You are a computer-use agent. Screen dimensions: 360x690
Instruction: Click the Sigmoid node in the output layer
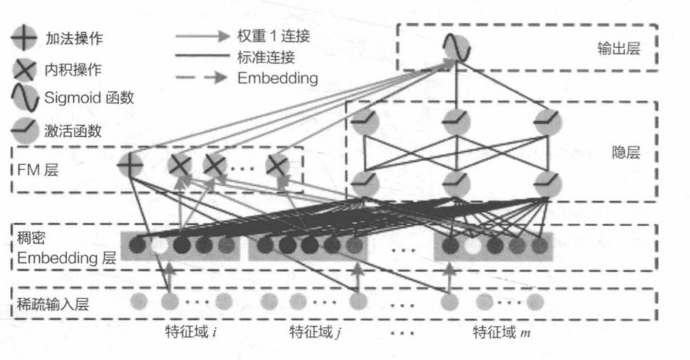point(457,47)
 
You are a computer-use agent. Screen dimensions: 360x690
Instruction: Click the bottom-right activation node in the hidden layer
point(547,184)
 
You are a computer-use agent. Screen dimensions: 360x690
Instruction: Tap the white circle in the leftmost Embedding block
point(160,246)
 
